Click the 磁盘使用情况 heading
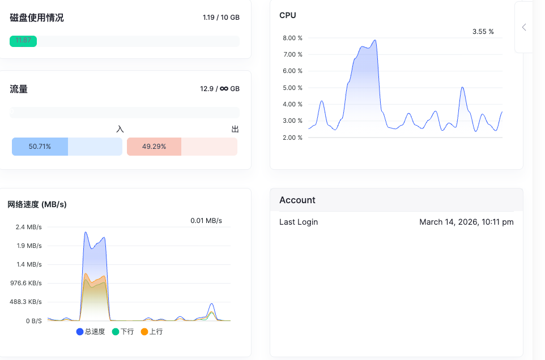(37, 18)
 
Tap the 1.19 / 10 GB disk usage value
(221, 18)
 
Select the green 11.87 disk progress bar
(23, 41)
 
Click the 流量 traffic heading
(19, 89)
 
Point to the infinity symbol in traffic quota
(224, 89)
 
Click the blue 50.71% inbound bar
(40, 147)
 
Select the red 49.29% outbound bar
(154, 147)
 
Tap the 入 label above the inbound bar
(120, 129)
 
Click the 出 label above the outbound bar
(235, 129)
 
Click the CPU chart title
(288, 15)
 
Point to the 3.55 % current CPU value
(483, 32)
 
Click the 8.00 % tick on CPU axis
(293, 38)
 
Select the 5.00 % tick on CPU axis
(293, 88)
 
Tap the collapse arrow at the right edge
(524, 27)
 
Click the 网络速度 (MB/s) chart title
(37, 204)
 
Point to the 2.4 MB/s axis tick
(28, 227)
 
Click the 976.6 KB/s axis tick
(26, 283)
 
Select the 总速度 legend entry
(91, 332)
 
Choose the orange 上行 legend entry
(152, 332)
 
